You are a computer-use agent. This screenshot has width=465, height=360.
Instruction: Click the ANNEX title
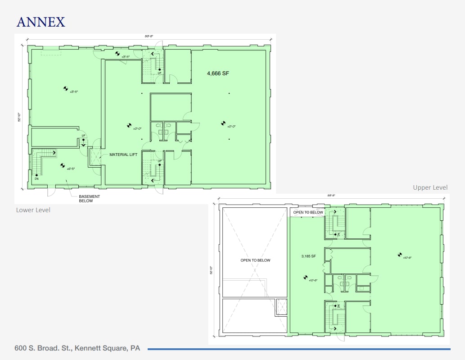pyautogui.click(x=41, y=22)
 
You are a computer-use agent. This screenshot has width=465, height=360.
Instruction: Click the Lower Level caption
pyautogui.click(x=33, y=210)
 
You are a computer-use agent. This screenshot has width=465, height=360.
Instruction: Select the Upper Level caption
pyautogui.click(x=430, y=187)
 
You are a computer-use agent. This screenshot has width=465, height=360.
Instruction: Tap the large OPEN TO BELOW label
pyautogui.click(x=255, y=260)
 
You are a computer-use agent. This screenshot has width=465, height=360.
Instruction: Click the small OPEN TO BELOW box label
pyautogui.click(x=308, y=212)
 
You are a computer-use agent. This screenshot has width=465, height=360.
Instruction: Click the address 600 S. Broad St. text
pyautogui.click(x=77, y=348)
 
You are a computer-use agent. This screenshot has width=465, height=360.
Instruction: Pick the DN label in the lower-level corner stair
pyautogui.click(x=36, y=178)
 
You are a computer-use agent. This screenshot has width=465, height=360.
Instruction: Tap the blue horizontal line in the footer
pyautogui.click(x=299, y=349)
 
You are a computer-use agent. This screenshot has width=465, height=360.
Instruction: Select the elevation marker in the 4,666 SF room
pyautogui.click(x=222, y=123)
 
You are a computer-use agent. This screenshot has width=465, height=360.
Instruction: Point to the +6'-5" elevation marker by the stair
pyautogui.click(x=63, y=165)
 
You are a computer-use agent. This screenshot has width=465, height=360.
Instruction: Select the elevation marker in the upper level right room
pyautogui.click(x=399, y=255)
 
